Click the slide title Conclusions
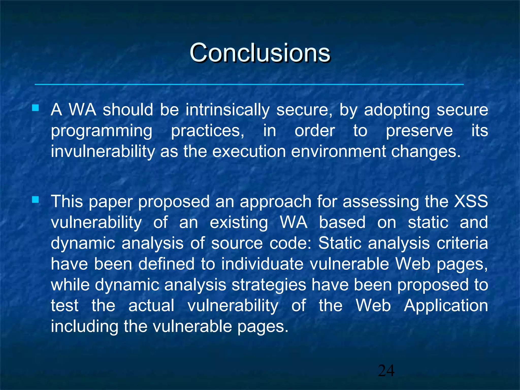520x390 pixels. tap(260, 53)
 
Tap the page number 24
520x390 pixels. tap(386, 371)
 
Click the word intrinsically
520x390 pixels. tap(227, 110)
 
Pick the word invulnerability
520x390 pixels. tap(103, 152)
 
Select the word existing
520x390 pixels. tap(239, 222)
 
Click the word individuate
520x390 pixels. tap(262, 264)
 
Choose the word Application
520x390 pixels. tap(446, 306)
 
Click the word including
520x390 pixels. tap(84, 327)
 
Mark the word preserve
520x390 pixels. tap(419, 131)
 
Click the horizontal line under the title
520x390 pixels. tap(249, 84)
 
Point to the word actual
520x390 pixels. tap(151, 306)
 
